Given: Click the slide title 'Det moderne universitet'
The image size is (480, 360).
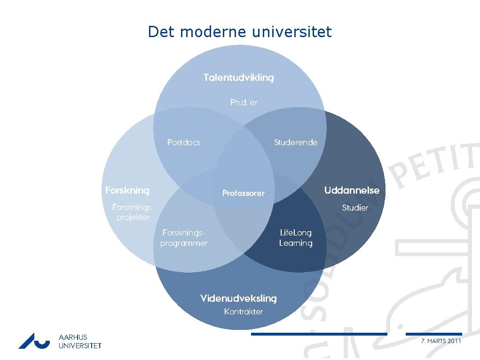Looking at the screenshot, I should (x=240, y=32).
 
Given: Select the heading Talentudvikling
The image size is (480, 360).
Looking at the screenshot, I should (x=238, y=78).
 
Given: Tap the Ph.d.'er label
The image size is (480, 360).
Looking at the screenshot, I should (x=244, y=102).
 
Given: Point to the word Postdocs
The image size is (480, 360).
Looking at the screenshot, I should (x=184, y=142).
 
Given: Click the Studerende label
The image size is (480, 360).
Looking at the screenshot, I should (x=296, y=142).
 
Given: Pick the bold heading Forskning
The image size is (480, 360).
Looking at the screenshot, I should (x=127, y=190).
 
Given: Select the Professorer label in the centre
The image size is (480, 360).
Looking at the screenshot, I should (x=244, y=193).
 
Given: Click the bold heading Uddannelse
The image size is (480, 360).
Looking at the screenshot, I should (x=352, y=190).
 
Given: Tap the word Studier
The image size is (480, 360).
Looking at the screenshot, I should (x=355, y=208).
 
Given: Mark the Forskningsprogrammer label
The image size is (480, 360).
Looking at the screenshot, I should (x=184, y=237).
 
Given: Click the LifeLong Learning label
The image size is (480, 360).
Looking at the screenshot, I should (x=296, y=237).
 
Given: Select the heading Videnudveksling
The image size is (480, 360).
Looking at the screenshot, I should (x=238, y=298).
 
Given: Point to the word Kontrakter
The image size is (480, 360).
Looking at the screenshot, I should (x=244, y=312).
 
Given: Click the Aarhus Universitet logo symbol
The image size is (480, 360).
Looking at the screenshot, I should (x=34, y=341).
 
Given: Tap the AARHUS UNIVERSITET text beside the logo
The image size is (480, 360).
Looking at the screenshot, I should (x=80, y=341).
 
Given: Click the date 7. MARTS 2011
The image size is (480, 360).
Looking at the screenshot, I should (x=441, y=341).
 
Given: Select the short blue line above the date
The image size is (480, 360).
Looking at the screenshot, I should (x=433, y=334).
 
